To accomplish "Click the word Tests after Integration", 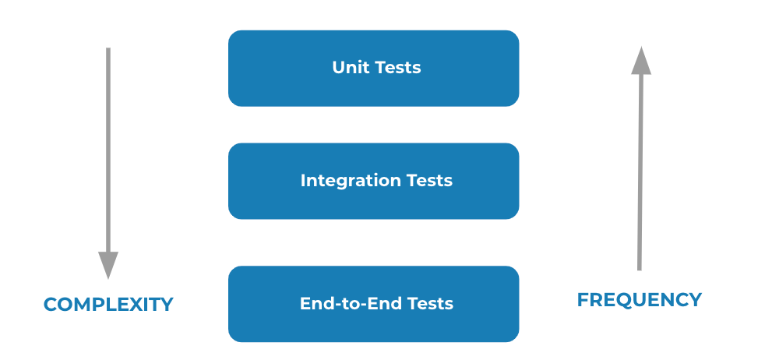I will (429, 181).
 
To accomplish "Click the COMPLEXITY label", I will (108, 305).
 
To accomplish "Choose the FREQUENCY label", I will (639, 300).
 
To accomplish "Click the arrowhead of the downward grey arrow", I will (108, 264).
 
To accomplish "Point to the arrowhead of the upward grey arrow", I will (641, 61).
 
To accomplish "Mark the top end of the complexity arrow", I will (108, 50).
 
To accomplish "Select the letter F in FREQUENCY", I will (583, 300).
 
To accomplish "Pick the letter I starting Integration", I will (303, 181).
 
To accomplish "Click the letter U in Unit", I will (338, 68).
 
